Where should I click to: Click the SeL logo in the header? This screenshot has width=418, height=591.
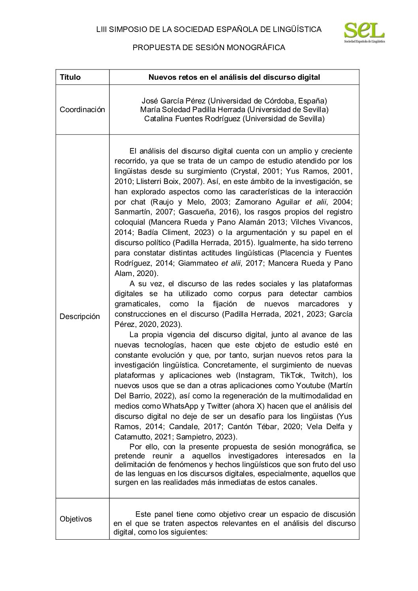pyautogui.click(x=364, y=32)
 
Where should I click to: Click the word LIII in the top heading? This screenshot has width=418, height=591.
pyautogui.click(x=102, y=29)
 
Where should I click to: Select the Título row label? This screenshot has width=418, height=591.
pyautogui.click(x=70, y=77)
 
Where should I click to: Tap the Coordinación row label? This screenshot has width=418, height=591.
pyautogui.click(x=82, y=110)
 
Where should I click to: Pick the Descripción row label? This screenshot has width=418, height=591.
pyautogui.click(x=80, y=317)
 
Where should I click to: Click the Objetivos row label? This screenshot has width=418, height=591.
pyautogui.click(x=76, y=519)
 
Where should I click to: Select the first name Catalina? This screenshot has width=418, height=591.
pyautogui.click(x=157, y=118)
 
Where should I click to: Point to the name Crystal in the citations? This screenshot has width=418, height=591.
pyautogui.click(x=243, y=172)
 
